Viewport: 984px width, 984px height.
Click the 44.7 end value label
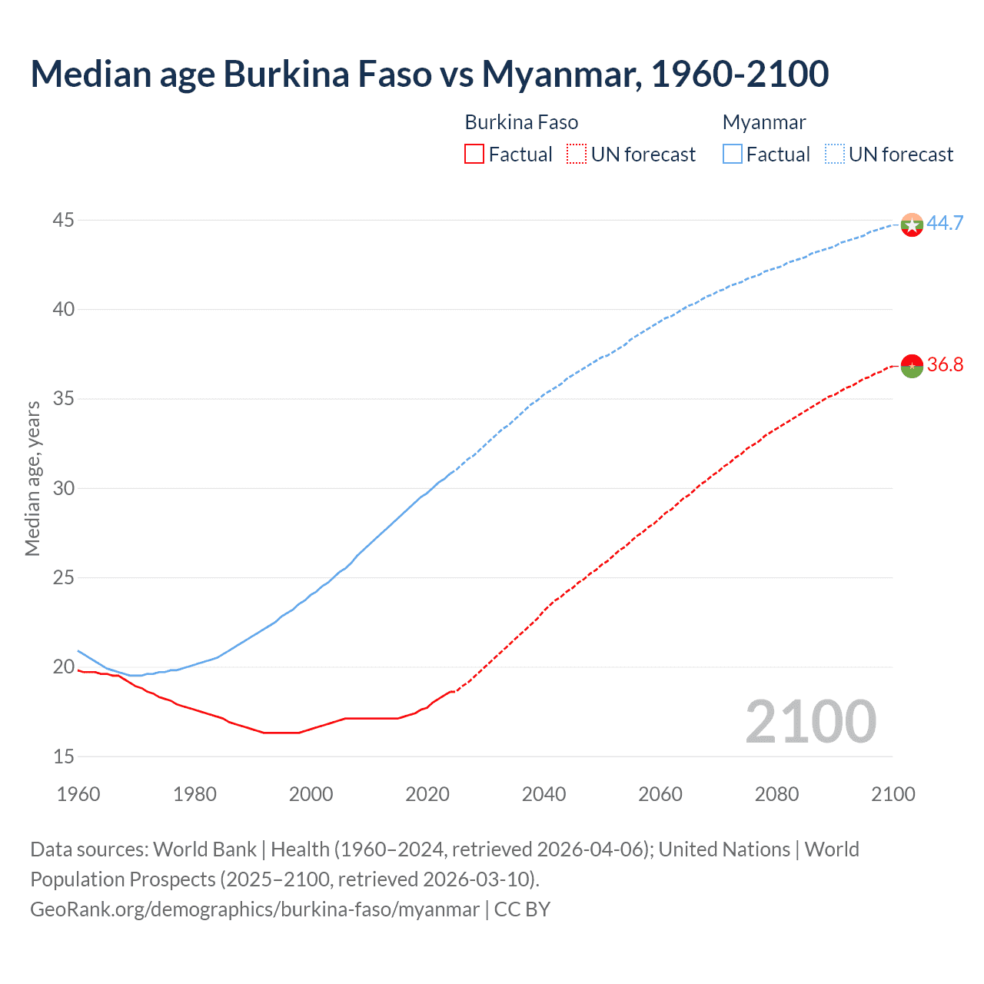[945, 223]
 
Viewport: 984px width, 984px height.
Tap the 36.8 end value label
[945, 364]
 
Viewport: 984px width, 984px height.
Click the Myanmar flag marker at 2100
[912, 224]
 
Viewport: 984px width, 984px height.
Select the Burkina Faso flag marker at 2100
[912, 366]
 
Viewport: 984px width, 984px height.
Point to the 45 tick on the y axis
[63, 221]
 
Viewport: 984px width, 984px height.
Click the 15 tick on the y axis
[63, 756]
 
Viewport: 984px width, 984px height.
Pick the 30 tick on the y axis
[63, 488]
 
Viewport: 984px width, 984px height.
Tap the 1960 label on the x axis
[78, 794]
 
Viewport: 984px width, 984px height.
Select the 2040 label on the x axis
[544, 794]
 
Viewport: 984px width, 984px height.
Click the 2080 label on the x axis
[776, 794]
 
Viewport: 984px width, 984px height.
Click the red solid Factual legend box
[474, 155]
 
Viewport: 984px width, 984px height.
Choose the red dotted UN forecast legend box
[577, 155]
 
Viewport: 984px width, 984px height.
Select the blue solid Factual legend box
[733, 155]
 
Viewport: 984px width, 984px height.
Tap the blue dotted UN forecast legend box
[834, 155]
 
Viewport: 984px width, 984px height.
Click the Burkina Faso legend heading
[521, 122]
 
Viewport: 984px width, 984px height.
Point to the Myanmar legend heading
[764, 122]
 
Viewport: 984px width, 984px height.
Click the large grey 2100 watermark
[810, 721]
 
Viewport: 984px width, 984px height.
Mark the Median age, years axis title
[32, 478]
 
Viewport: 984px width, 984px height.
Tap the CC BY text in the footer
[522, 909]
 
